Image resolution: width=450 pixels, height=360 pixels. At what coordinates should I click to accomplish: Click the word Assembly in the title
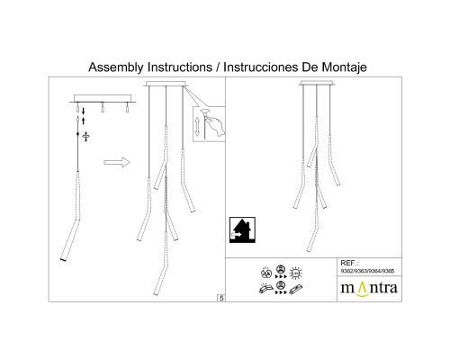coord(116,67)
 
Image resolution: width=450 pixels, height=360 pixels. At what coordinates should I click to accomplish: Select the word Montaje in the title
coord(345,67)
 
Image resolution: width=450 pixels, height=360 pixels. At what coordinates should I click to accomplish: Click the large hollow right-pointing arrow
coord(117,162)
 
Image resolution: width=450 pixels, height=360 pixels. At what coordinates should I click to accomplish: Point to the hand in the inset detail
coord(217,124)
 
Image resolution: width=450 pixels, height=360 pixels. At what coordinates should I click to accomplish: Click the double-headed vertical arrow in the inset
coord(197,127)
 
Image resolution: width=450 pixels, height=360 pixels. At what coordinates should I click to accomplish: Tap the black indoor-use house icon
coord(242,230)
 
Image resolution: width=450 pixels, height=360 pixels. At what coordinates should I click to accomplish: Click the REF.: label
coord(349,263)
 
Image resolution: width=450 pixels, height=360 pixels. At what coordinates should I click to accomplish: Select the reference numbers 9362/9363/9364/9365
coord(367,271)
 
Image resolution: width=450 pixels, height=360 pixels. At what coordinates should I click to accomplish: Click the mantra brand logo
coord(369,289)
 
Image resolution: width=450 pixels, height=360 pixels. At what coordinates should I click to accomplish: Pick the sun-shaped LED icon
coord(296,274)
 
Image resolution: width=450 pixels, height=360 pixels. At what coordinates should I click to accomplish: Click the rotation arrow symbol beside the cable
coord(86,136)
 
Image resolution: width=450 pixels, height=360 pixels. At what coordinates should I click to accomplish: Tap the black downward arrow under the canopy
coord(84,111)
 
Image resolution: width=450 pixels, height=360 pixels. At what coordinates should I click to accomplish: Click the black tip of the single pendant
coord(63,259)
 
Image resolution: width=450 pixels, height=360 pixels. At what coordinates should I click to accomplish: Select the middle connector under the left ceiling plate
coord(103,108)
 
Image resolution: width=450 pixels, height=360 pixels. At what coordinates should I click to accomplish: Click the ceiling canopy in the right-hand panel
coord(317,83)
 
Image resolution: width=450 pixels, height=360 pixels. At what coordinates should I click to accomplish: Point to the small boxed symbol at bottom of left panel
coord(221,298)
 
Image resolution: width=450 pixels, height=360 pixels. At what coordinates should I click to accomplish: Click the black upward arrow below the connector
coord(84,121)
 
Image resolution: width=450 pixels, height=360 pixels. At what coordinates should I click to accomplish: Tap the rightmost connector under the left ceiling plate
coord(127,108)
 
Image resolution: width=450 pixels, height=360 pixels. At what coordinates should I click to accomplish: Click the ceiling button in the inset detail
coord(205,112)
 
